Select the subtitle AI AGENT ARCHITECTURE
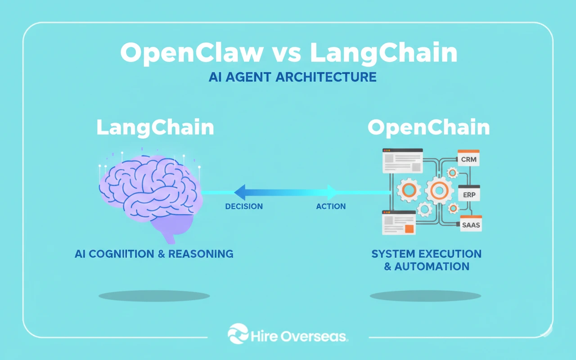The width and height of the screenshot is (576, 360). coord(292,77)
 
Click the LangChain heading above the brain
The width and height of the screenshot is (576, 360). coord(155,128)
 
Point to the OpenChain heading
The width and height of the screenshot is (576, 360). coord(428,128)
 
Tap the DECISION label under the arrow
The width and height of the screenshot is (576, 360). coord(244,207)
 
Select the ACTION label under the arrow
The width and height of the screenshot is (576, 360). coord(331,207)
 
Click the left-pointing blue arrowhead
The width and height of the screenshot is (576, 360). coord(240,192)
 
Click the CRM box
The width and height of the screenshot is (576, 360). coord(468,159)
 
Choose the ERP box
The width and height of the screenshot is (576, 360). coord(469,194)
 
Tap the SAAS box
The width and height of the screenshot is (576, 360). coord(471,224)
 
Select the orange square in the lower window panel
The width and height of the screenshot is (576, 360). coord(409,229)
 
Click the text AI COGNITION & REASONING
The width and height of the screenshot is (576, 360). coord(154,254)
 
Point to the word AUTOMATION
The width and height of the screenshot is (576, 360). coord(432,266)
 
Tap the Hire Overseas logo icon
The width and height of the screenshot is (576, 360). coord(238,334)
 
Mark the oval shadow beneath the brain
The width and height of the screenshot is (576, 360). coord(154,296)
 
